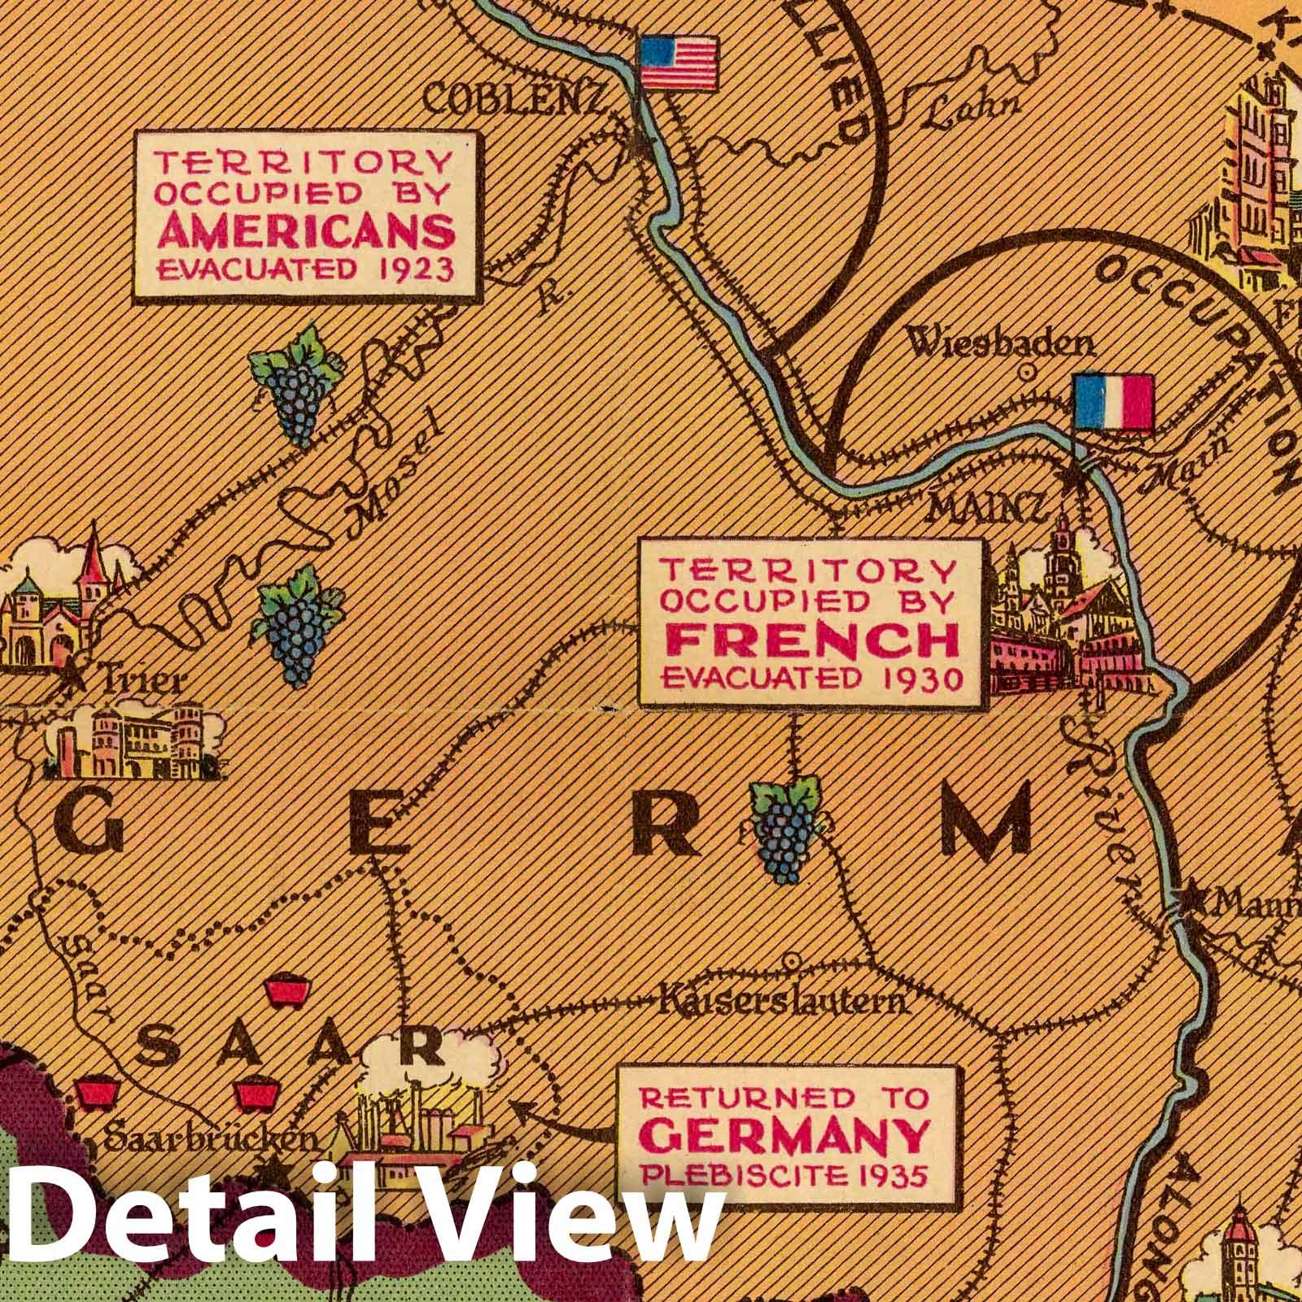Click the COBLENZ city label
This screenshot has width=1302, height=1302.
[x=516, y=102]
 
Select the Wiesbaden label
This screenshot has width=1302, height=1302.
[x=1000, y=344]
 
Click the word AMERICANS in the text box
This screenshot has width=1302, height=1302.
[x=305, y=233]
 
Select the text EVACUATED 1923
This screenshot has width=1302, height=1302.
[x=305, y=269]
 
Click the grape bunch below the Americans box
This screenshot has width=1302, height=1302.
[x=294, y=385]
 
